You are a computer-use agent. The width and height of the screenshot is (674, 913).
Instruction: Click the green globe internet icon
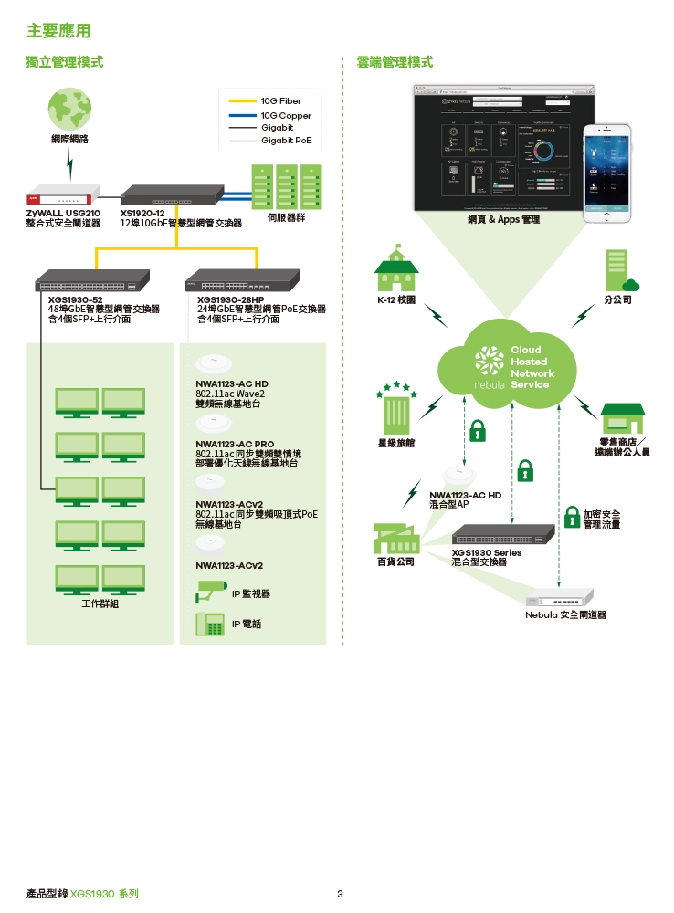[70, 110]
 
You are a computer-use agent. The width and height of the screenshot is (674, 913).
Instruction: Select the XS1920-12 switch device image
[172, 194]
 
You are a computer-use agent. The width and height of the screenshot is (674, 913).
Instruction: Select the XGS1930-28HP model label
[230, 299]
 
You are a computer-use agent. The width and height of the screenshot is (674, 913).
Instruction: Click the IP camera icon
[209, 593]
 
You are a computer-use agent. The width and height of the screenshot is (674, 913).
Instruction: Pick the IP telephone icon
[210, 624]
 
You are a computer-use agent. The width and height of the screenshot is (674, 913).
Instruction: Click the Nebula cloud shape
[508, 366]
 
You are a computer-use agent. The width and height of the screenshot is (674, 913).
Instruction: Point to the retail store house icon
[622, 417]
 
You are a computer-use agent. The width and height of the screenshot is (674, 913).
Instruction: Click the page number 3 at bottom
[340, 893]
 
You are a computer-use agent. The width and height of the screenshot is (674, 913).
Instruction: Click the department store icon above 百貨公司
[395, 538]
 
